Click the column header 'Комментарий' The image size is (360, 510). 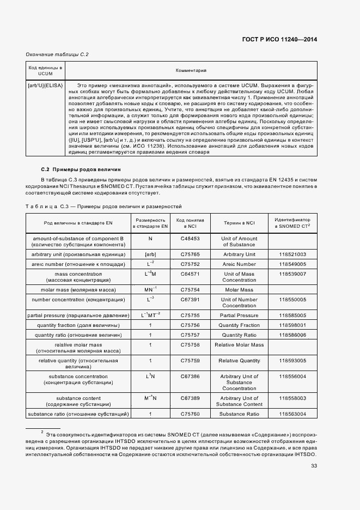(191, 71)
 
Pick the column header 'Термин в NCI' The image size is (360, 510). (239, 222)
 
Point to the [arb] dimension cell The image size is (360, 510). (150, 254)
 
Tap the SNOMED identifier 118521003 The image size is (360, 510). (292, 254)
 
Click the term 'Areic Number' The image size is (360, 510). (239, 264)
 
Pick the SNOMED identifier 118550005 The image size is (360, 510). (292, 300)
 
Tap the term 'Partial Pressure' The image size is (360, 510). (239, 315)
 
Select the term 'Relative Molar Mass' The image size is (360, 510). (239, 345)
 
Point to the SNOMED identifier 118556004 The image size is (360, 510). (292, 377)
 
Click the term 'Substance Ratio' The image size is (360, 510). (239, 415)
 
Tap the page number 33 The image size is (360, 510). (314, 466)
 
